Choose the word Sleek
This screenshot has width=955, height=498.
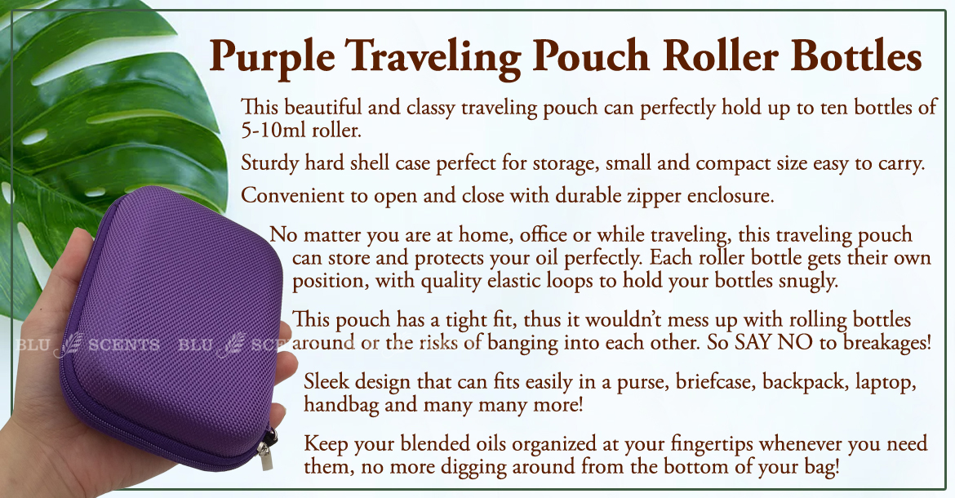(327, 381)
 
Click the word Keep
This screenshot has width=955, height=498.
(326, 444)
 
